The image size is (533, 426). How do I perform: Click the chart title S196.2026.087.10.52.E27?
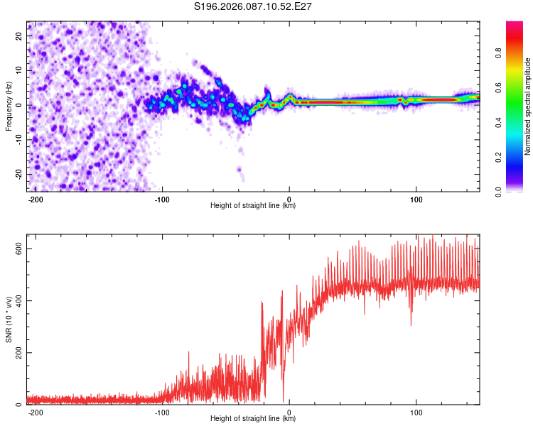pos(254,7)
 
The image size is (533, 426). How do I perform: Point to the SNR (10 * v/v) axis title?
pos(9,319)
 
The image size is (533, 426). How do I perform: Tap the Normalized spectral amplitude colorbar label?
pos(527,106)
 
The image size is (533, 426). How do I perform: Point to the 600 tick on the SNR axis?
pos(21,248)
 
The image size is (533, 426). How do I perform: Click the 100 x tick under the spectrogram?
pos(416,199)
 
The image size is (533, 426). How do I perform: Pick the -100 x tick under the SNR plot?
pos(162,412)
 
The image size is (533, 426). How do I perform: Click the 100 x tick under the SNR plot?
pos(416,412)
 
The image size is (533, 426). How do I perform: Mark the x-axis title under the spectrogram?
pos(253,206)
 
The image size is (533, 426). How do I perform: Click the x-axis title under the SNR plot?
pos(253,419)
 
